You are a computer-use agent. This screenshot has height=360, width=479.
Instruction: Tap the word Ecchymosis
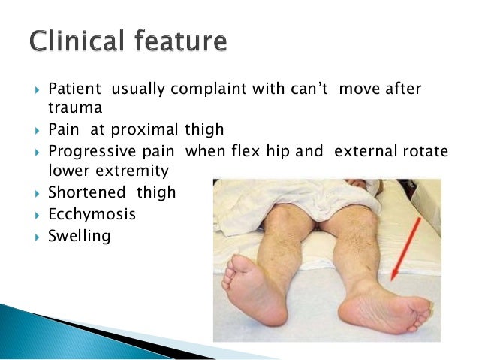point(92,214)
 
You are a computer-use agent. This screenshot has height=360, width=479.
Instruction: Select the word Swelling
point(79,236)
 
